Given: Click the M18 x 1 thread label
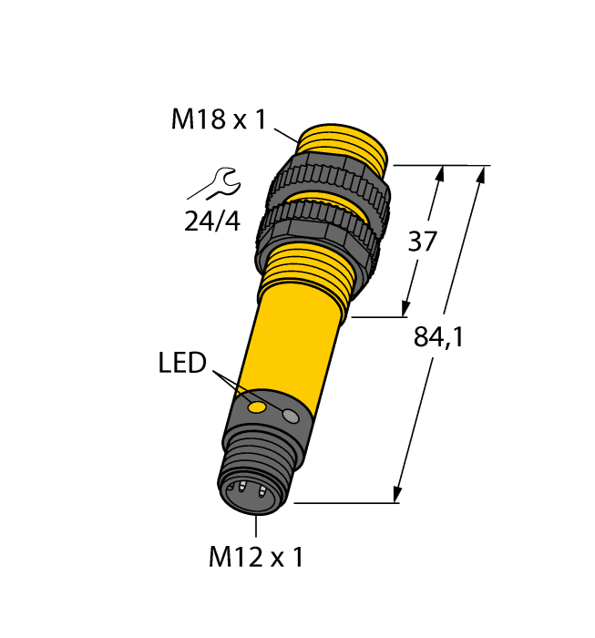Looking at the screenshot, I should [218, 119].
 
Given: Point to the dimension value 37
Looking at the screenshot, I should [421, 242].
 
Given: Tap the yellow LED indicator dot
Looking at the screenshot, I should [258, 405].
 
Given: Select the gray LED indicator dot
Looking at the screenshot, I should [291, 417].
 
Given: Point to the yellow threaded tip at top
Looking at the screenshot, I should [345, 144].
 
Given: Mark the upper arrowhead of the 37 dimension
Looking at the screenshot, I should [442, 173].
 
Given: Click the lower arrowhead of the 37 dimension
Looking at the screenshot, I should [406, 310].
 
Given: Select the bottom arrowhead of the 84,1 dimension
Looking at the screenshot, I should [398, 494].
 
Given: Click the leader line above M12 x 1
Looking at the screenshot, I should [256, 528].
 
